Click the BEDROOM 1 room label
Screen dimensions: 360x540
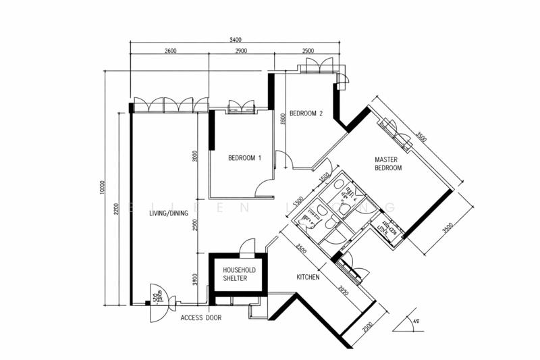click(244, 158)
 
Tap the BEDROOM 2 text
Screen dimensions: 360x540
click(306, 113)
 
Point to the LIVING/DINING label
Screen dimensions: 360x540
click(163, 213)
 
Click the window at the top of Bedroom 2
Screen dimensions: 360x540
click(317, 66)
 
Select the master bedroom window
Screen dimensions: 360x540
click(398, 132)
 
